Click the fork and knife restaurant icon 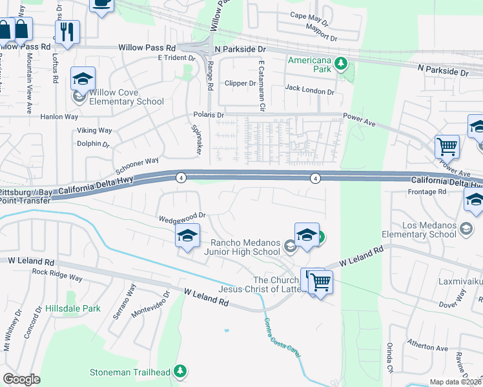click(67, 32)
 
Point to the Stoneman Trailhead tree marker click(181, 371)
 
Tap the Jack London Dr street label click(309, 92)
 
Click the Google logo click(21, 379)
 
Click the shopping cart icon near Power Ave click(447, 146)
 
